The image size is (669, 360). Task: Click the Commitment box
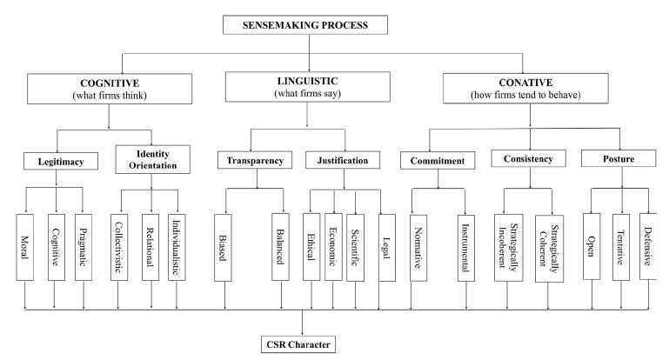tap(438, 161)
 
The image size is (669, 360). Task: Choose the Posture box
tap(619, 158)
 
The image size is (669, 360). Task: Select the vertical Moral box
tap(25, 246)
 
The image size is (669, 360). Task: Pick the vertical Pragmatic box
tap(84, 246)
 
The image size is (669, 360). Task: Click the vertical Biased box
tap(224, 246)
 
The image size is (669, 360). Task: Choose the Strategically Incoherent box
tap(505, 246)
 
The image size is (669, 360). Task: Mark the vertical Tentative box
tap(621, 246)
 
